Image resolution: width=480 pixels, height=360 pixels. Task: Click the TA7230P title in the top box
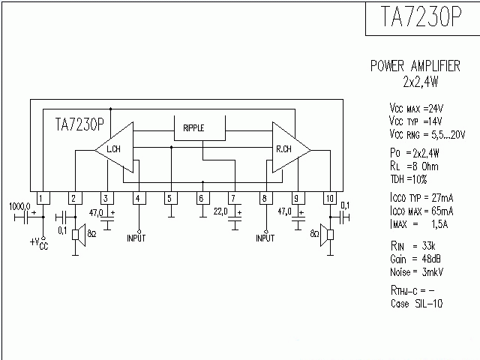point(421,18)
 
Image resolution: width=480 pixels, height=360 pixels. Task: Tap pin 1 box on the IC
point(43,199)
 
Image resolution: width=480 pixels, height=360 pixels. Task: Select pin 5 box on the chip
point(169,199)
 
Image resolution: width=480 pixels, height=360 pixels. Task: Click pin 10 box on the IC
point(328,199)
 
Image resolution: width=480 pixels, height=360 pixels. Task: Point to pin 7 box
point(233,199)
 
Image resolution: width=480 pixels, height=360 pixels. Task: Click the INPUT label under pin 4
point(138,238)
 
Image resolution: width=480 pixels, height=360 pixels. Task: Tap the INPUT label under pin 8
point(265,238)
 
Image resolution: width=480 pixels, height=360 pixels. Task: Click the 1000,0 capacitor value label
point(19,205)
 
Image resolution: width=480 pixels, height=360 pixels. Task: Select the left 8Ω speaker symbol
point(76,234)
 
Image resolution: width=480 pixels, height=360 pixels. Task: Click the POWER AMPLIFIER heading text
point(415,66)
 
